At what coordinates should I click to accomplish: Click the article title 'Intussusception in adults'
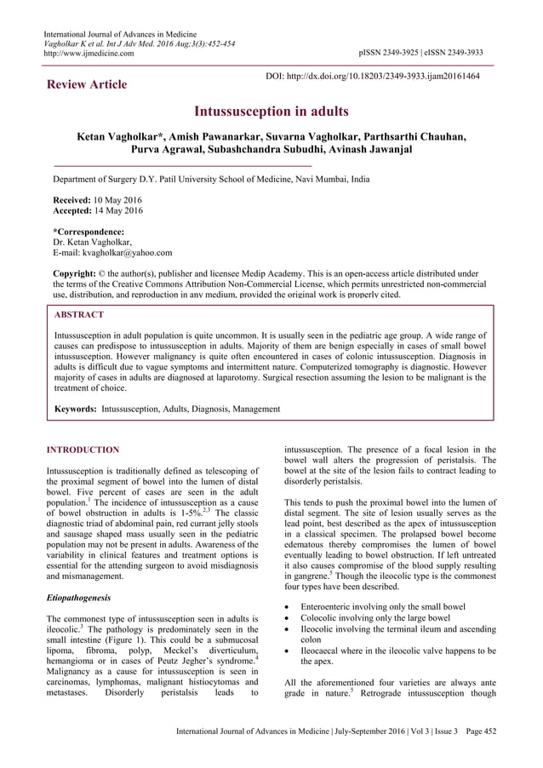click(271, 112)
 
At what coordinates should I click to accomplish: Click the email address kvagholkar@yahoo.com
click(123, 253)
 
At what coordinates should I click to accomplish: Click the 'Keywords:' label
click(75, 409)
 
